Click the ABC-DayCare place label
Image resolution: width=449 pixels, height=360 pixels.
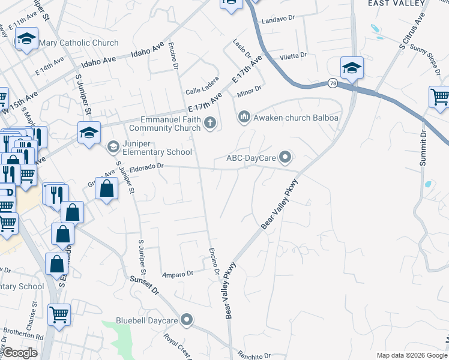[x=252, y=159]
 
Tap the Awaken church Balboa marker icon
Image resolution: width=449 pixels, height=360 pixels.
[x=244, y=116]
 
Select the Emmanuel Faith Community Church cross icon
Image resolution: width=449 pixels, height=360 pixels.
[x=209, y=124]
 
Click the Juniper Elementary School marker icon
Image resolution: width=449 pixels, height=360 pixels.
[x=113, y=146]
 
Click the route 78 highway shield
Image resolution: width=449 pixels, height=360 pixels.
[x=333, y=83]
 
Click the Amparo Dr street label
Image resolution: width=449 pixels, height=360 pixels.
[x=178, y=274]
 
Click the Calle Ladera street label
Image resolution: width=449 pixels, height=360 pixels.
[x=202, y=90]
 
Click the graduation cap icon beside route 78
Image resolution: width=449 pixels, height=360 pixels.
[x=352, y=68]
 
